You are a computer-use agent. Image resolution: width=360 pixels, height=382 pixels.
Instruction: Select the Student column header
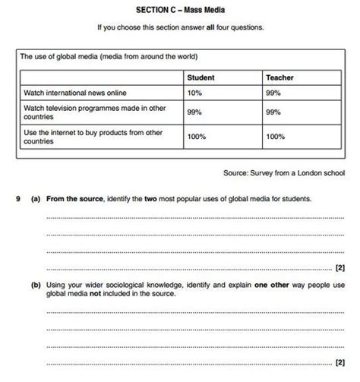201,77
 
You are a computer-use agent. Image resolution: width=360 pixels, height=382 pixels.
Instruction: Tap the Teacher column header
279,77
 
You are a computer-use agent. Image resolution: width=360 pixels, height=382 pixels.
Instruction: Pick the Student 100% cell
198,137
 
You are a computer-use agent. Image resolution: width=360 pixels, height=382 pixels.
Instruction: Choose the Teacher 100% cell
276,137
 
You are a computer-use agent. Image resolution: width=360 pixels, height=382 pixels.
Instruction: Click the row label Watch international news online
79,93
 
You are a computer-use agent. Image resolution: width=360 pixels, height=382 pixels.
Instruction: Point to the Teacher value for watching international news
273,93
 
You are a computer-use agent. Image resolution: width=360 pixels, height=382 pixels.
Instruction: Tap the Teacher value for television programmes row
273,112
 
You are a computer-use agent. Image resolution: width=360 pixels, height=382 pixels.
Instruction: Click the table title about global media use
109,56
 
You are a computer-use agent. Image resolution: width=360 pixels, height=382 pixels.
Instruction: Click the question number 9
17,199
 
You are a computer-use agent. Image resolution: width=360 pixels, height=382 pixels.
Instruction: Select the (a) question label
36,199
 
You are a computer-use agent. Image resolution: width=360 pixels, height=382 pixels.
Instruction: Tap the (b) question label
36,285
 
